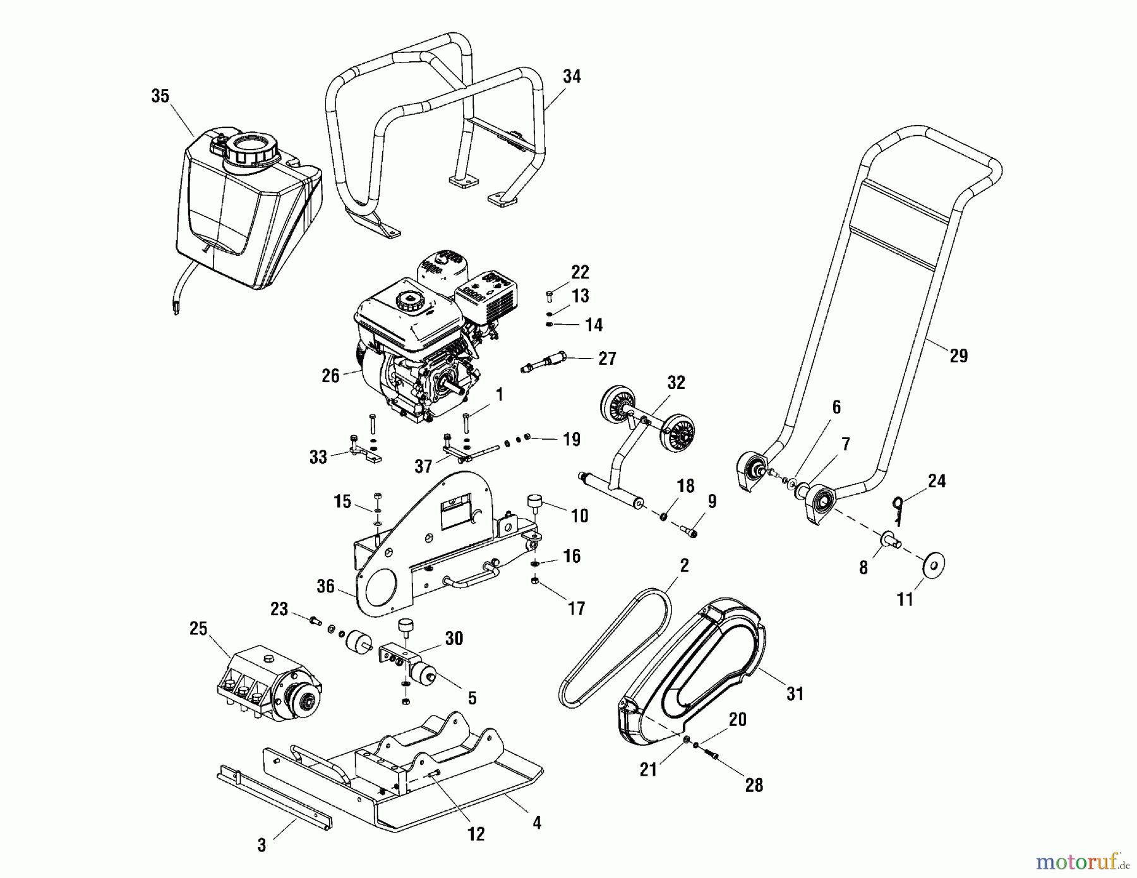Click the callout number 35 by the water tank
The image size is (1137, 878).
click(x=160, y=96)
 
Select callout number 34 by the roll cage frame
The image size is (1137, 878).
click(x=572, y=76)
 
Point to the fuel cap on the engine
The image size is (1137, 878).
click(x=409, y=301)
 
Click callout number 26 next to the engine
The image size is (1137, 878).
click(x=330, y=376)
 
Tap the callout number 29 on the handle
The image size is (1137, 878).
click(x=958, y=356)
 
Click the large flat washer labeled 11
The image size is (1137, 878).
click(x=934, y=564)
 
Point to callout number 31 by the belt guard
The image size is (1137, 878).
click(x=795, y=694)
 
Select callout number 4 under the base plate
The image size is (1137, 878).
click(x=536, y=823)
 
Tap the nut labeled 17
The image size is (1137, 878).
click(x=534, y=580)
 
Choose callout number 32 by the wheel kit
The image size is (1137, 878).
click(x=675, y=383)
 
